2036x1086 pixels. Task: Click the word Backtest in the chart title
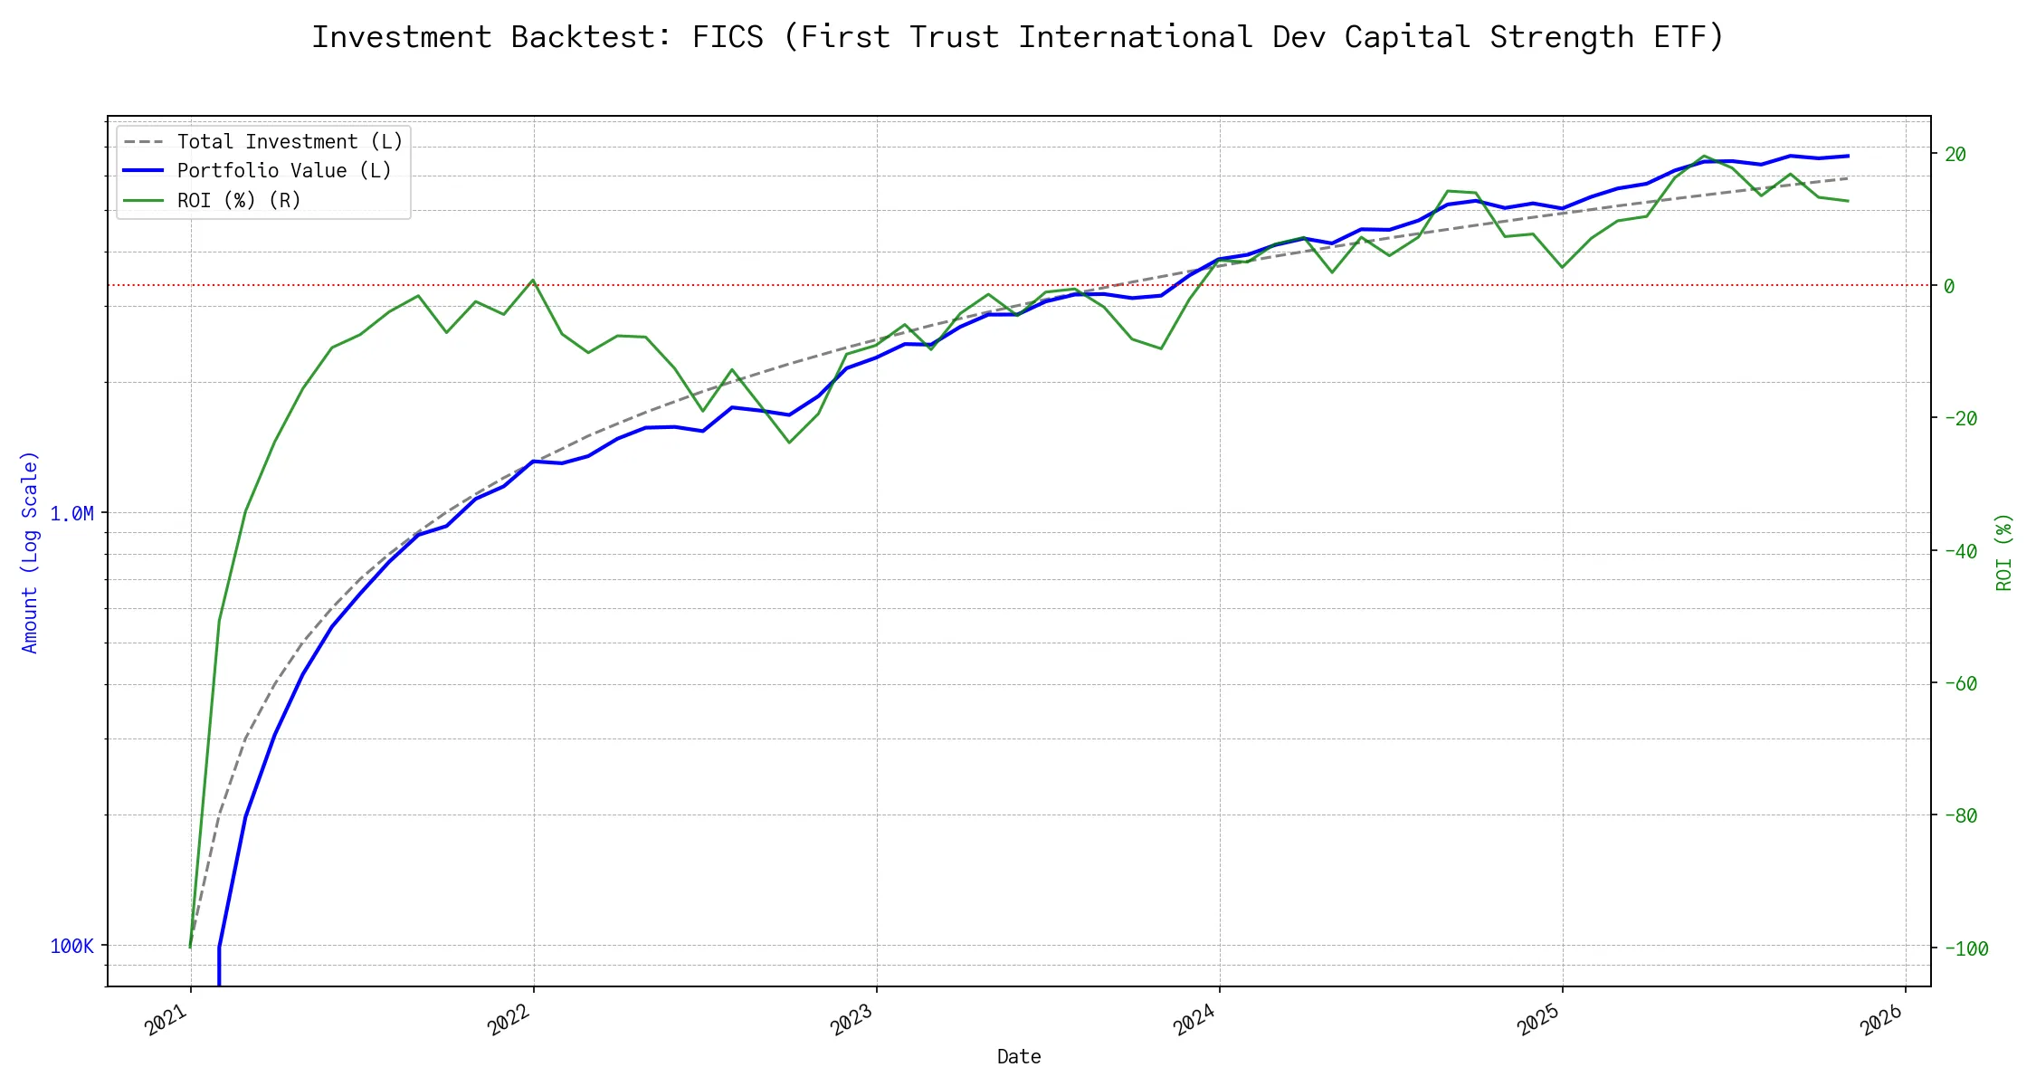click(591, 37)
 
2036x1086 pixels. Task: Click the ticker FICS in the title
click(728, 37)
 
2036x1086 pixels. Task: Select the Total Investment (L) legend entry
click(290, 142)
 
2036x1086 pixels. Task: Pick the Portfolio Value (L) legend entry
click(284, 171)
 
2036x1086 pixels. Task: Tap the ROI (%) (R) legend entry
click(239, 200)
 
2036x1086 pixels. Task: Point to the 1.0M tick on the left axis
click(71, 514)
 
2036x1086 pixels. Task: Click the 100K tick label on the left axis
click(71, 947)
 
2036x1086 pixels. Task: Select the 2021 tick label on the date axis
click(167, 1021)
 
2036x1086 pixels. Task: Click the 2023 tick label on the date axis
click(852, 1021)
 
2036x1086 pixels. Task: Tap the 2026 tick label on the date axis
click(1882, 1021)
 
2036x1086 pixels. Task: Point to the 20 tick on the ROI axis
click(1955, 155)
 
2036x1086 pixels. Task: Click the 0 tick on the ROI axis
click(1949, 287)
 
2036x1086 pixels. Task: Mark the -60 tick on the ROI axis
click(1959, 684)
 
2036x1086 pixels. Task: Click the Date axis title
click(1019, 1057)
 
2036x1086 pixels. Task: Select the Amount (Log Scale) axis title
click(30, 552)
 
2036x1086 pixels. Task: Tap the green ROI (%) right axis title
click(2004, 552)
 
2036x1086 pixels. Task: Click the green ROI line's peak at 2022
click(533, 281)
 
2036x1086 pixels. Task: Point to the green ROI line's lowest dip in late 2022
click(789, 443)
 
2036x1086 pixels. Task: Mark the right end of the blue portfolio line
click(1847, 156)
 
